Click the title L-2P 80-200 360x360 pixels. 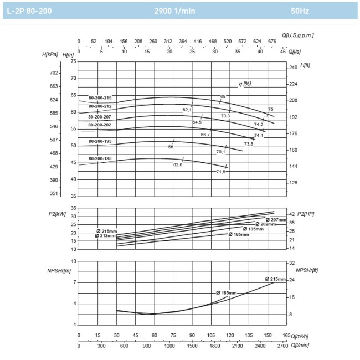[30, 11]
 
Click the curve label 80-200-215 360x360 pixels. [100, 98]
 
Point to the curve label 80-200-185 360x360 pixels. [100, 159]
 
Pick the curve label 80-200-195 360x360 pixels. [100, 141]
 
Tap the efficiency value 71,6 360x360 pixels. [220, 172]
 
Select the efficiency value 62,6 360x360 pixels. [178, 164]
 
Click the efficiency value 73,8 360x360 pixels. [248, 144]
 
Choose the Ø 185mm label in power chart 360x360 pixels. [239, 234]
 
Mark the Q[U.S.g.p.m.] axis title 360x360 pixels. [297, 35]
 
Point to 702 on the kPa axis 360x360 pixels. [54, 73]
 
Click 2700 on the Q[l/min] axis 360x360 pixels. [282, 346]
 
